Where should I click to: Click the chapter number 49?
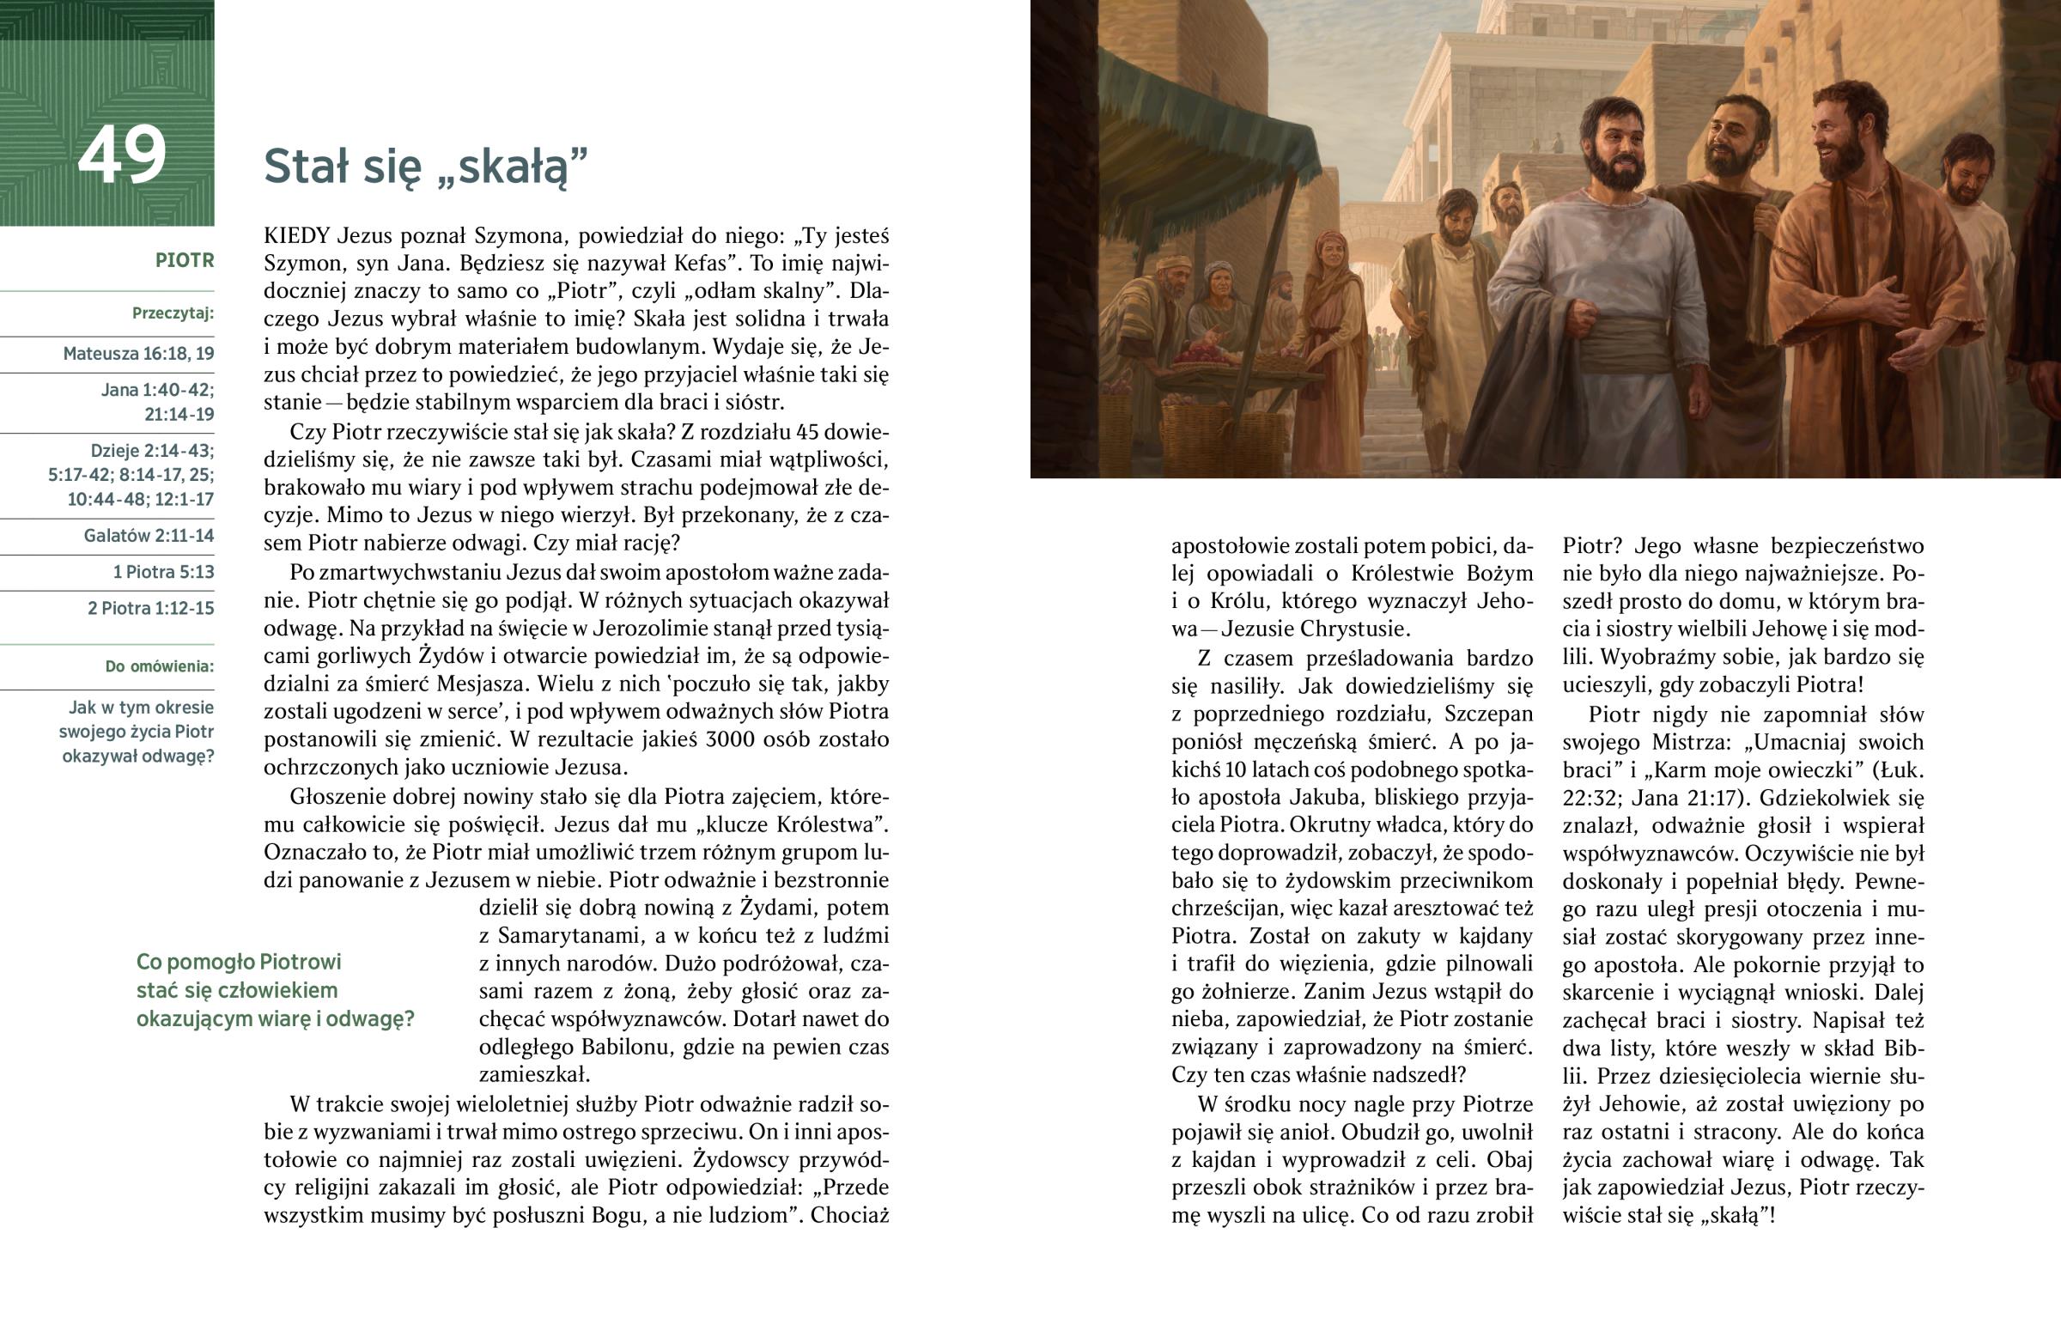tap(121, 155)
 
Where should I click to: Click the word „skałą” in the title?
tap(513, 167)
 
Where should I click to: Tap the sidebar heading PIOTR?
tap(184, 261)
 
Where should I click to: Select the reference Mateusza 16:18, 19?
tap(138, 354)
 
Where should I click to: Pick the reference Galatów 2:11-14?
tap(149, 536)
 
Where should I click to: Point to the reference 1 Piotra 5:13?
tap(163, 572)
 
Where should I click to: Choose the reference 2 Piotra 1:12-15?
tap(150, 608)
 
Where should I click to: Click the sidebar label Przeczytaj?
tap(173, 313)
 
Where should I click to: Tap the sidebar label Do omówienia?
tap(159, 667)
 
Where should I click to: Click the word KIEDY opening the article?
tap(297, 236)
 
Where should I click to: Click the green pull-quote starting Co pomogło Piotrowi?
tap(275, 990)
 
